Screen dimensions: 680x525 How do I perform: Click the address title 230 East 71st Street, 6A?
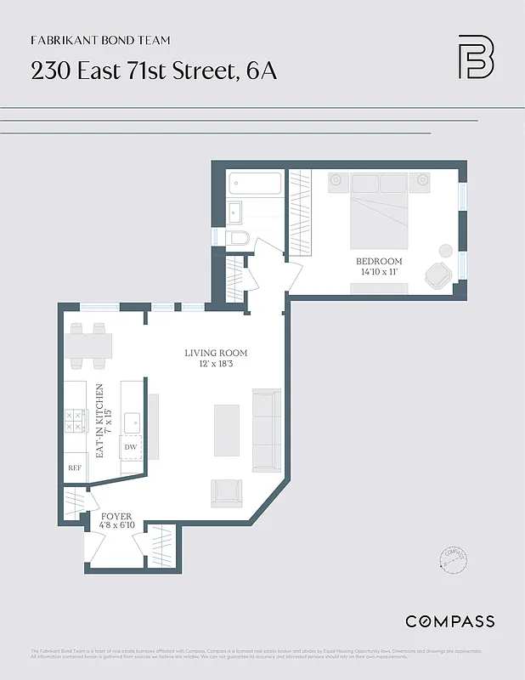[154, 71]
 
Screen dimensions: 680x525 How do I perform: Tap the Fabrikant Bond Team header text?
[100, 40]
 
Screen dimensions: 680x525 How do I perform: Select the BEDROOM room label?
[379, 261]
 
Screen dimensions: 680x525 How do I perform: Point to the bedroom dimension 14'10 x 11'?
[379, 272]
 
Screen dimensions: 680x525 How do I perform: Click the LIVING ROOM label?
[217, 352]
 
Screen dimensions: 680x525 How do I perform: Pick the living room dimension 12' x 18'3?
[217, 364]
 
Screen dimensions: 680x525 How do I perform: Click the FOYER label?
[116, 516]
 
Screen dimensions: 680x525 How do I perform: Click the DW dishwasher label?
[131, 446]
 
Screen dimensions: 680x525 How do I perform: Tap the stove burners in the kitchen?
[73, 420]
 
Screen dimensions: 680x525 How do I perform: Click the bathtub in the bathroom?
[255, 184]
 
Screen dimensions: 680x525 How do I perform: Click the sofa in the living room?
[266, 430]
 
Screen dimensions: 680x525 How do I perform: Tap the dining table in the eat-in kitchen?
[88, 345]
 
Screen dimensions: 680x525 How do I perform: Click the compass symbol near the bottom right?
[454, 557]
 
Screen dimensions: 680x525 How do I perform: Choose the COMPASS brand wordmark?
[450, 621]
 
